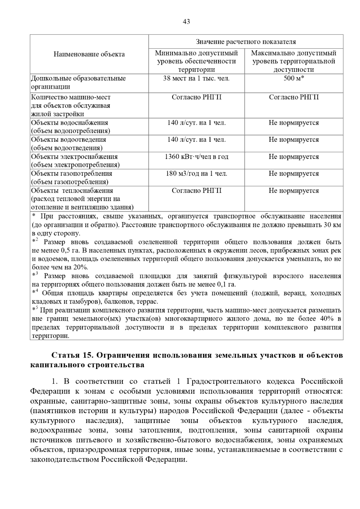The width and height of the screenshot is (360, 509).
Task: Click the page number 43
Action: pos(186,22)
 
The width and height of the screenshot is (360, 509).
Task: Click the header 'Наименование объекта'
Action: pos(89,54)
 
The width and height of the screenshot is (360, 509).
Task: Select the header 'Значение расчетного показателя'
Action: pos(246,42)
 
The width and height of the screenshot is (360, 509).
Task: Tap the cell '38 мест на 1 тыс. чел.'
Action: pos(196,79)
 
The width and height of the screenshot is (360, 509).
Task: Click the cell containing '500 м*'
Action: pos(294,79)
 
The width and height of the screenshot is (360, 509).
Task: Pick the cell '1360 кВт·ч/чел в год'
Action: pos(196,157)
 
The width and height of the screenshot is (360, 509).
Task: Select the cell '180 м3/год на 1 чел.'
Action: pos(196,174)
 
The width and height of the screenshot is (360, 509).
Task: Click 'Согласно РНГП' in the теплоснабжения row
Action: pos(196,191)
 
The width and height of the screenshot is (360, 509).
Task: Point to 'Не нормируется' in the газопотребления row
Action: pos(294,174)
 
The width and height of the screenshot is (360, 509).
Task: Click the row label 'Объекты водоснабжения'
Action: pos(70,123)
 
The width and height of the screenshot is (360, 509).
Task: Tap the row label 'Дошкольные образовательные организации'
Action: pos(78,82)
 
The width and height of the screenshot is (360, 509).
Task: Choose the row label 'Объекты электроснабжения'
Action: pos(74,157)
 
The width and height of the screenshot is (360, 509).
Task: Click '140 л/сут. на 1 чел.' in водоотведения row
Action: pos(196,140)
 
